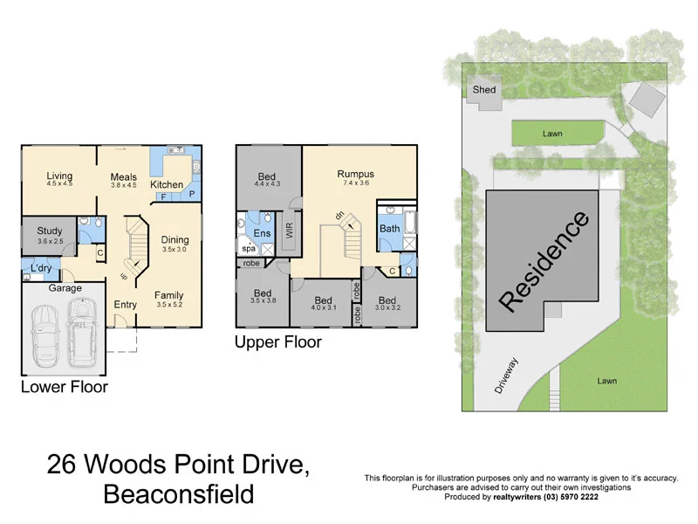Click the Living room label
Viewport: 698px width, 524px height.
click(59, 175)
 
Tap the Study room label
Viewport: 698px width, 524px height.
click(51, 231)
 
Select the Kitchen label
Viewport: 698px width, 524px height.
click(167, 184)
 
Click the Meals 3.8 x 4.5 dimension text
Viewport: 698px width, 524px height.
click(123, 185)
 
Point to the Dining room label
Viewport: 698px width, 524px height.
click(174, 239)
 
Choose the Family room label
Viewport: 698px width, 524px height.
click(169, 295)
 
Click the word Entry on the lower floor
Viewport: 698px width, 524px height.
click(126, 304)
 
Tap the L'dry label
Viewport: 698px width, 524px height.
click(42, 267)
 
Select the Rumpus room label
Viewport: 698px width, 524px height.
click(355, 174)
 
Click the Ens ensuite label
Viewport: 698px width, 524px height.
click(262, 233)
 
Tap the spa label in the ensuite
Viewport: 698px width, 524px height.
click(249, 249)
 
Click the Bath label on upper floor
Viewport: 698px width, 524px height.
click(389, 229)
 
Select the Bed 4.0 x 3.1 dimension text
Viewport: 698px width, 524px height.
click(323, 307)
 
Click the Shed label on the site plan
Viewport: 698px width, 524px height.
click(483, 90)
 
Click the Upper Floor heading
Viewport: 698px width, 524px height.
click(277, 342)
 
